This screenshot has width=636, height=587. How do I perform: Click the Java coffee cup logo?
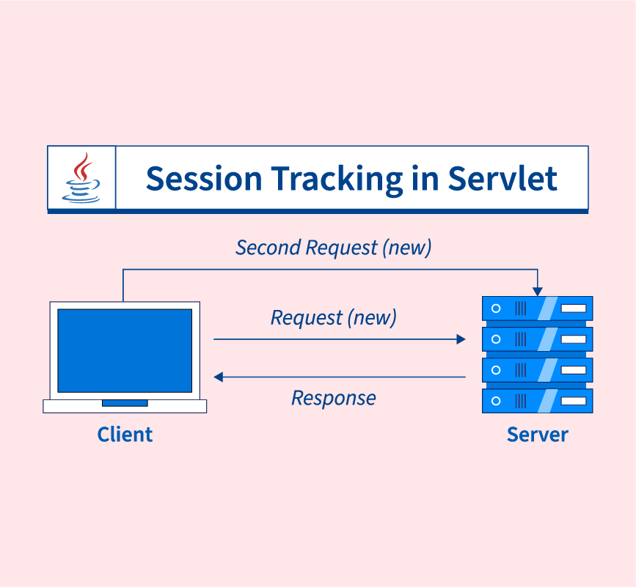point(82,178)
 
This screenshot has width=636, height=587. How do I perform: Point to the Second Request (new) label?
point(333,248)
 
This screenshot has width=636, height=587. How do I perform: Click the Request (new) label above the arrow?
point(333,318)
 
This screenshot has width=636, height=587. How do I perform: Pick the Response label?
point(333,398)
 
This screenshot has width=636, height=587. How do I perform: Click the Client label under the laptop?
point(125,435)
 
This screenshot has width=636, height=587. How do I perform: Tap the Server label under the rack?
point(537,435)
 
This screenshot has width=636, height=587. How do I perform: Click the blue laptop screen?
point(125,350)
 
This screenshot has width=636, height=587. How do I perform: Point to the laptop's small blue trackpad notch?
point(125,403)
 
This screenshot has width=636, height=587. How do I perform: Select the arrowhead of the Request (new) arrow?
point(461,339)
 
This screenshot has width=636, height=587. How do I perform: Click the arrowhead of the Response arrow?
point(218,377)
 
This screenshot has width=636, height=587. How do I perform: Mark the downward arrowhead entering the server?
point(538,292)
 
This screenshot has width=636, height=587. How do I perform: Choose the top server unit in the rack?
point(537,308)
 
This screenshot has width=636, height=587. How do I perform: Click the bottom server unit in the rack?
point(537,401)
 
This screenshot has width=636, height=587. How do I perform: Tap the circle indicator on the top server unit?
point(496,308)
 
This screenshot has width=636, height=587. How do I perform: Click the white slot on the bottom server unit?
point(574,401)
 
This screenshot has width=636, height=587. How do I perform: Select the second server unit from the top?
point(537,339)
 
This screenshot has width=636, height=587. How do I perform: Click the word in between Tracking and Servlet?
point(426,179)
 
